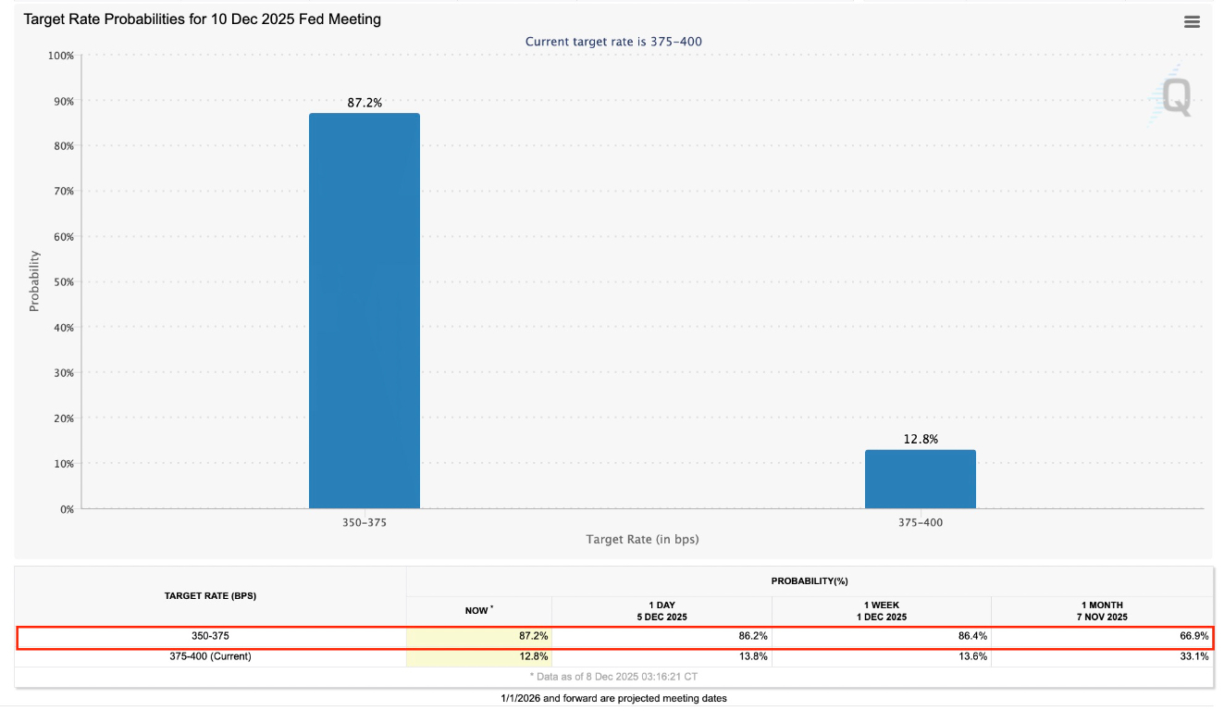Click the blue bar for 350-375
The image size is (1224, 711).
(364, 311)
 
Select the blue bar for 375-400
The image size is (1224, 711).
(920, 480)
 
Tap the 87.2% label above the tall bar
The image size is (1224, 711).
(364, 103)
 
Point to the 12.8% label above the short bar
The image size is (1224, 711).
(920, 439)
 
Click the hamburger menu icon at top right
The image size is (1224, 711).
(1192, 22)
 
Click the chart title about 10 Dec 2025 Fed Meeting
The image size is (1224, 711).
(202, 19)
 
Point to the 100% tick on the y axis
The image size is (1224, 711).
(60, 56)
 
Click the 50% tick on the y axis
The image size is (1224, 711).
(62, 282)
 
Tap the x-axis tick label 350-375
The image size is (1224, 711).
(364, 522)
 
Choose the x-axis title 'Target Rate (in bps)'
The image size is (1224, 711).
(642, 539)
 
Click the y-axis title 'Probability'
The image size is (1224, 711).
(34, 281)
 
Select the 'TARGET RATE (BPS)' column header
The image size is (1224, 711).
(210, 595)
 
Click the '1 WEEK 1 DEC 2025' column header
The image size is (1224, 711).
(881, 611)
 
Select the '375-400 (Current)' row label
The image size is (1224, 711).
(210, 656)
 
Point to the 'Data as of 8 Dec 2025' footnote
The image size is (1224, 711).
(613, 677)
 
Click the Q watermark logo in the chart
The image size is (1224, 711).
(1173, 97)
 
